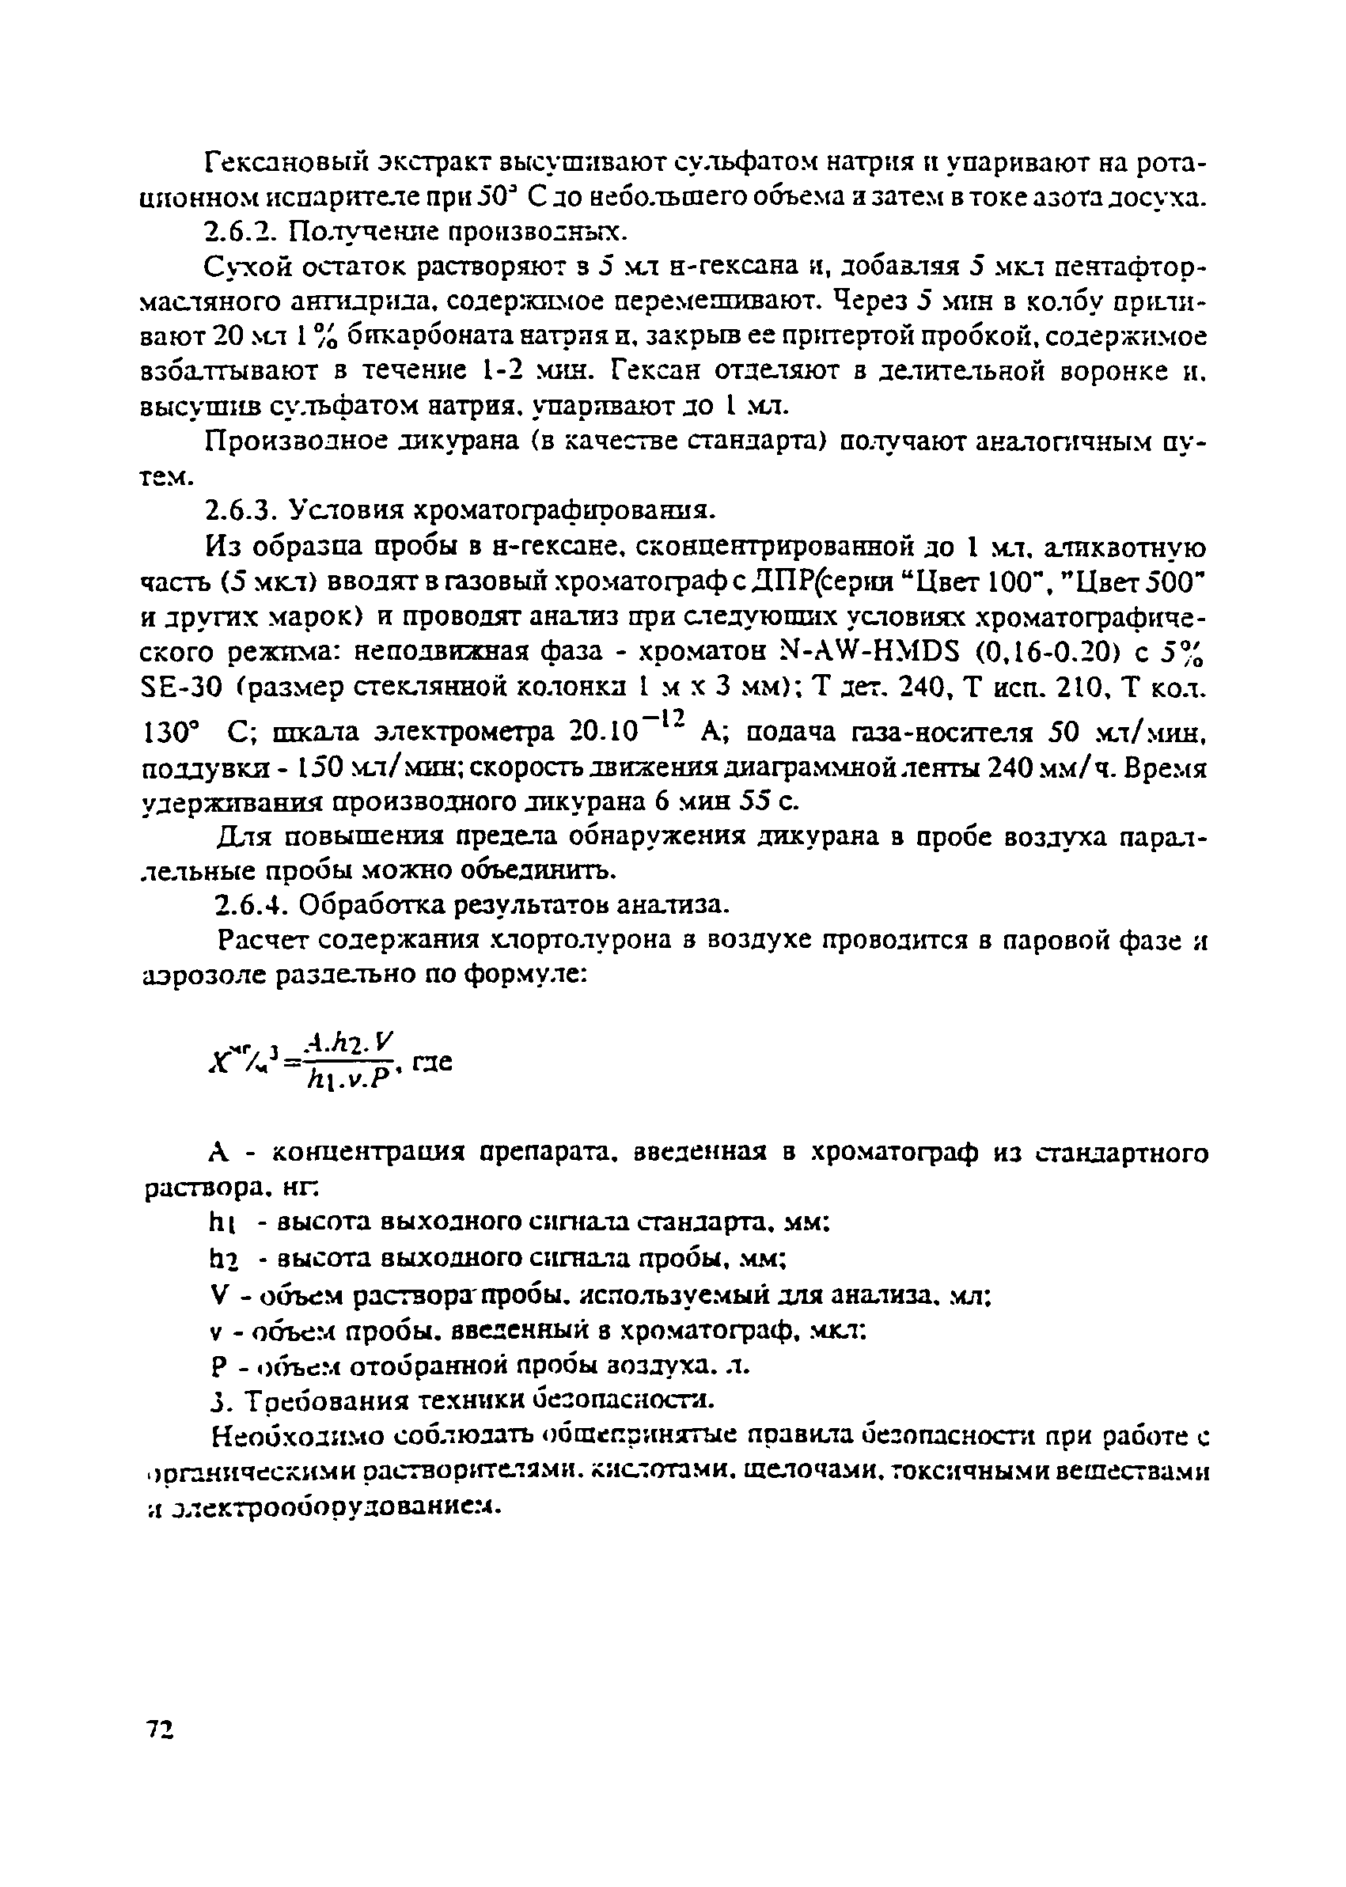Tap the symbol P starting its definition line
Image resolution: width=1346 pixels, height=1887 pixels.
(217, 1366)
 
